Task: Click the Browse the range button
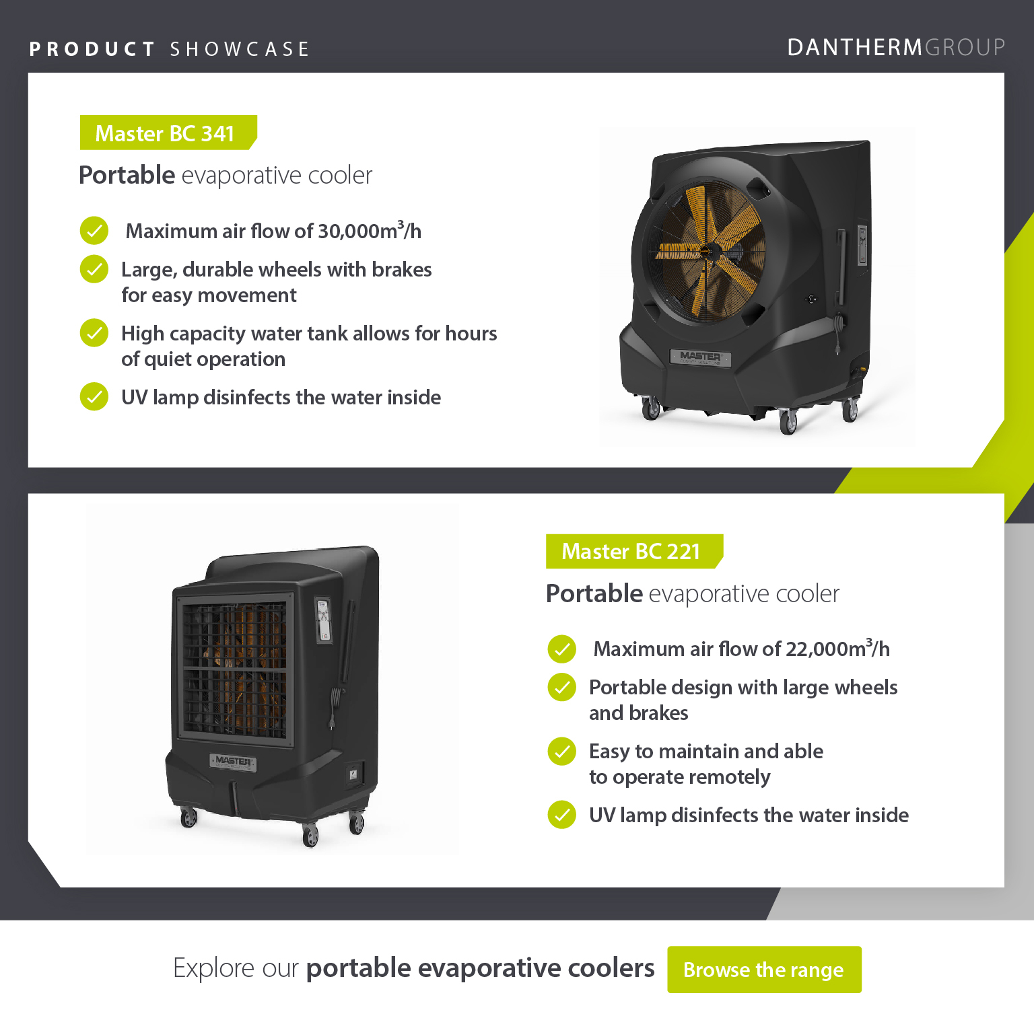coord(764,970)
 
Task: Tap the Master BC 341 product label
coord(168,133)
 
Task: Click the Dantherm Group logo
coord(896,47)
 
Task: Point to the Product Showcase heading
coord(169,49)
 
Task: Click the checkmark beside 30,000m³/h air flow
coord(94,231)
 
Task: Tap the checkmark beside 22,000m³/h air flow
coord(561,649)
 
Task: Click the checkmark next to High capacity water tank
coord(94,333)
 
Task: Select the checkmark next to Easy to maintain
coord(561,752)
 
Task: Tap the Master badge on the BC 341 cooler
coord(701,357)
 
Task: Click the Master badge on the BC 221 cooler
coord(233,761)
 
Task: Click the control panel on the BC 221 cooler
coord(324,620)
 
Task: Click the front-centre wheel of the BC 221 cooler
coord(310,836)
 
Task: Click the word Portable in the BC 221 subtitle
coord(594,593)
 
